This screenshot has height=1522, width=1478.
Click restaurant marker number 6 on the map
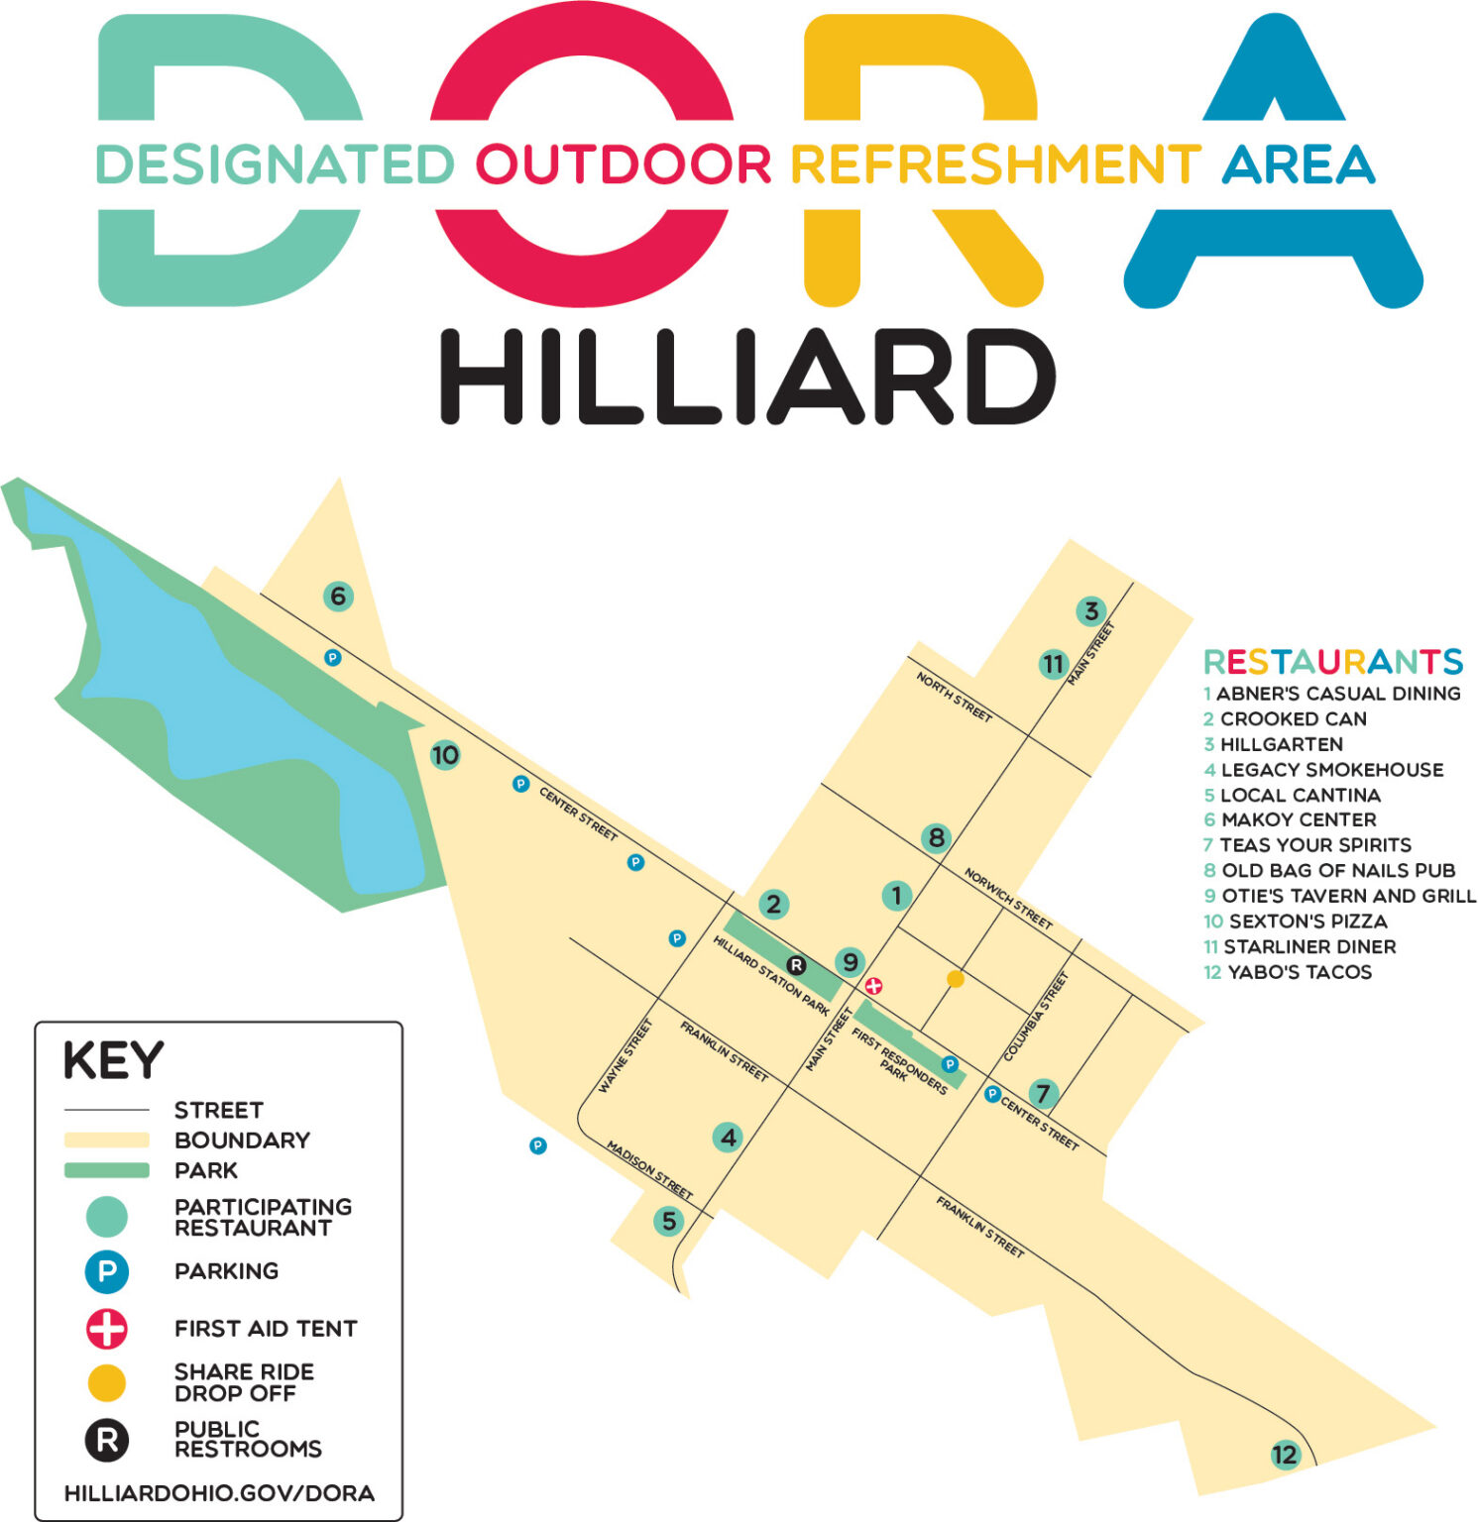click(x=338, y=597)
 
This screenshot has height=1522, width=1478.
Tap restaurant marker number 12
click(x=1284, y=1455)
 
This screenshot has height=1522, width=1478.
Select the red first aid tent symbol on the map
click(x=873, y=986)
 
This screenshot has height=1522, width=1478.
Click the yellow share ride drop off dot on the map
click(x=956, y=979)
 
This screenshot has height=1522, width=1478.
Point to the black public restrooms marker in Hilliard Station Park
click(x=796, y=965)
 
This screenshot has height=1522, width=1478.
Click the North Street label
click(x=954, y=697)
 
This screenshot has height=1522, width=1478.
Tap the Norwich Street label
click(x=1008, y=899)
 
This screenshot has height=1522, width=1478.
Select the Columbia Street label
click(x=1037, y=1016)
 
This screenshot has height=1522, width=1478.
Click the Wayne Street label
click(x=625, y=1056)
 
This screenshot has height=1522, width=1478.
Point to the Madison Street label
click(x=649, y=1169)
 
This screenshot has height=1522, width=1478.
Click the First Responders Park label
click(x=898, y=1062)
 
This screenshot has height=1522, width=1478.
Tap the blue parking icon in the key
click(x=107, y=1272)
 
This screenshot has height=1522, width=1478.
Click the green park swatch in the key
click(x=107, y=1171)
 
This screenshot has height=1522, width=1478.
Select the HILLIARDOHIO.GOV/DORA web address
click(x=219, y=1493)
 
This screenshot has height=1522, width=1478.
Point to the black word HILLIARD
click(x=747, y=378)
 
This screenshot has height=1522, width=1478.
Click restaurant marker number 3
click(x=1090, y=611)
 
